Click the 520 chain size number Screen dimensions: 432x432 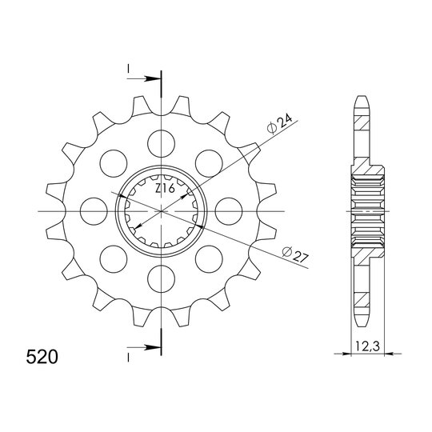(42, 357)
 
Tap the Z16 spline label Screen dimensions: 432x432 (165, 189)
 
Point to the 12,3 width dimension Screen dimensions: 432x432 (367, 346)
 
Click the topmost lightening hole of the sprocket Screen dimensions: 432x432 (161, 143)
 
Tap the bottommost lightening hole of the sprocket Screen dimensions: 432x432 (161, 279)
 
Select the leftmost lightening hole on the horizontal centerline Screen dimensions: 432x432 (94, 211)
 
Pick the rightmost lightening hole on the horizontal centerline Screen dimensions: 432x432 (229, 211)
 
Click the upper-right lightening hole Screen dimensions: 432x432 (209, 163)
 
